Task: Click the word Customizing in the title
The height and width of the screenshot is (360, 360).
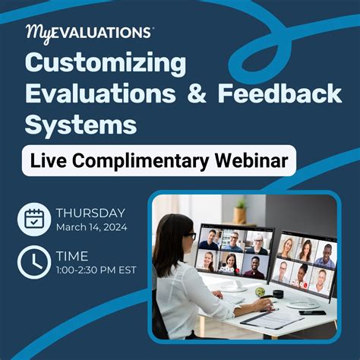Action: coord(106,64)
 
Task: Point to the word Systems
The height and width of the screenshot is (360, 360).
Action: coord(81,124)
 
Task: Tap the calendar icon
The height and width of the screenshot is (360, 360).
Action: coord(33,219)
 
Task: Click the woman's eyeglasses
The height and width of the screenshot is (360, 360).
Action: coord(191,236)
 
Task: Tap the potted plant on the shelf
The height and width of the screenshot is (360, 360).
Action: coord(241,210)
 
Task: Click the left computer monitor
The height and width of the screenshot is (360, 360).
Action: coord(232,252)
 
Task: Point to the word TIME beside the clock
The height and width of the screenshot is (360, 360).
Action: coord(72,257)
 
